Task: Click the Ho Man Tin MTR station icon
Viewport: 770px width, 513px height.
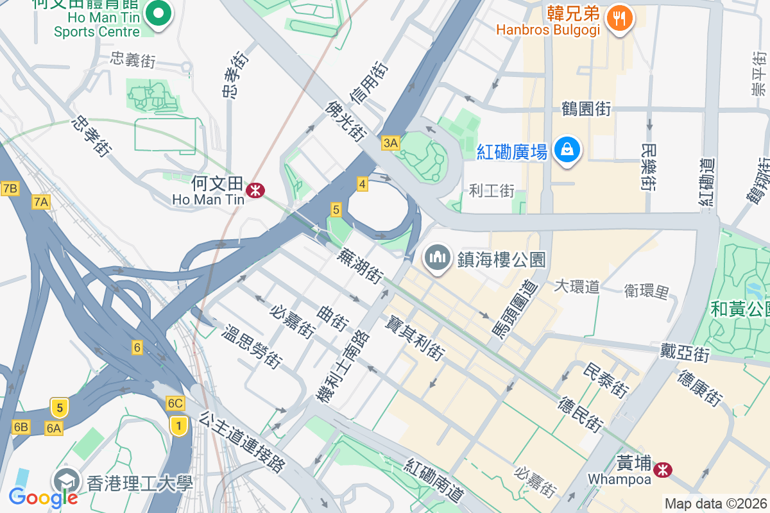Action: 255,190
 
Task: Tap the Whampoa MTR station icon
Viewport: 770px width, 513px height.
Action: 662,471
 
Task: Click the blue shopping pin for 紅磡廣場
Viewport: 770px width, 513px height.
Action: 567,149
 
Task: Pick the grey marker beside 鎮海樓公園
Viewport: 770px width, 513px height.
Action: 438,258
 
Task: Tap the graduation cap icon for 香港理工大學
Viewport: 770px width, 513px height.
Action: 67,480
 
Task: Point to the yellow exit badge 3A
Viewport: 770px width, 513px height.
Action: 390,142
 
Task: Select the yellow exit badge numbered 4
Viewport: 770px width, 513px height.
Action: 363,185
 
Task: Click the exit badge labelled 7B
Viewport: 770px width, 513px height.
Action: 10,188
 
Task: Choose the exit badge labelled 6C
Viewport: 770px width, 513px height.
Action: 175,403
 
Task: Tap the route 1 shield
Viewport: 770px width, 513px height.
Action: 179,425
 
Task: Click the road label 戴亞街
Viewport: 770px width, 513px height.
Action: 685,351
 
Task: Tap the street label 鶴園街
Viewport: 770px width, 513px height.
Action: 586,108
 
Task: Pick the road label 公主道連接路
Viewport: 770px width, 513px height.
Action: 242,442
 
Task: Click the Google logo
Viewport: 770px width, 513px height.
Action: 43,497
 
